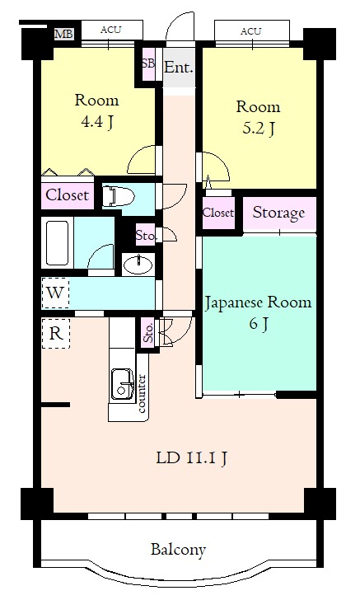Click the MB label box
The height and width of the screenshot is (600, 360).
coord(63,34)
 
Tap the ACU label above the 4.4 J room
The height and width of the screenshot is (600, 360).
coord(110,30)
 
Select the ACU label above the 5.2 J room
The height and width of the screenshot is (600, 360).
coord(250,31)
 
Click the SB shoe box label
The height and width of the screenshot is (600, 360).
coord(148,63)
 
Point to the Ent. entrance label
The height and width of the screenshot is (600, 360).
coord(179,68)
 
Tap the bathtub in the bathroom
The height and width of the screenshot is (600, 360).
coord(57,243)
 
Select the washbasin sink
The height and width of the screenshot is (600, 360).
coord(138,264)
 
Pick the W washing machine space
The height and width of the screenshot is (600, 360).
coord(55,293)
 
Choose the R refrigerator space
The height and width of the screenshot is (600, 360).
coord(56,334)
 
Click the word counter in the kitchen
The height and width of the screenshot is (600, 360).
coord(142,394)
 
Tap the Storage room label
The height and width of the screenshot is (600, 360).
coord(279,213)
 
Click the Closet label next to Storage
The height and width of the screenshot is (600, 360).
coord(218,213)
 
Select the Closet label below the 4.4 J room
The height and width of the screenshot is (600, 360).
coord(68,195)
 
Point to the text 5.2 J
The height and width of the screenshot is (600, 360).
coord(258,129)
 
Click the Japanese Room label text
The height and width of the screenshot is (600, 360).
coord(258,303)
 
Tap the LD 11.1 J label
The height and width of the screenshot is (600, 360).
coord(192,457)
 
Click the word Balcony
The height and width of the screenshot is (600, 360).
coord(178,550)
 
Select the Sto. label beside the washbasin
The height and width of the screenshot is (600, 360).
coord(146,235)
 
